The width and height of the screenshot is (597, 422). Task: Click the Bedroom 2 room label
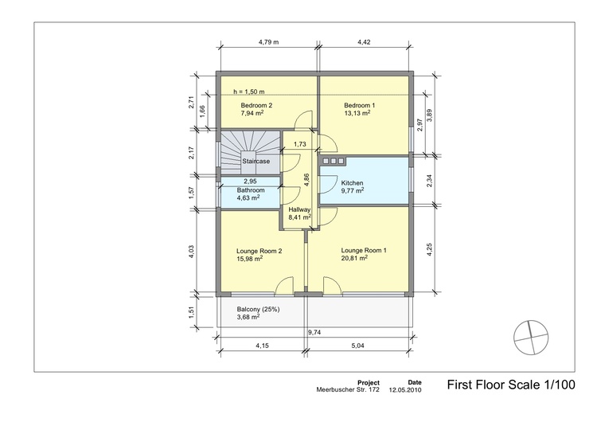point(257,105)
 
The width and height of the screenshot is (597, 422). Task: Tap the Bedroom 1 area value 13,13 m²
point(357,113)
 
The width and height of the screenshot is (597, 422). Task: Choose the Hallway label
point(299,209)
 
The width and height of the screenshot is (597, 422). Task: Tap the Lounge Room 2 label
point(259,250)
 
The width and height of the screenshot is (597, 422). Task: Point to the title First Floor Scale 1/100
point(509,385)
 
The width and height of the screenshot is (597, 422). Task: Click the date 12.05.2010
point(406,391)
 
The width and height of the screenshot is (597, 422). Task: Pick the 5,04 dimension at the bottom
point(359,347)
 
